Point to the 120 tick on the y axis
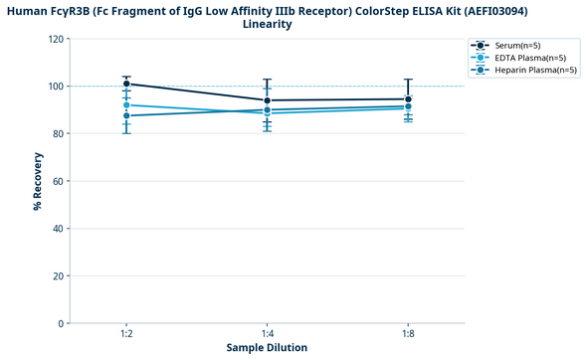tap(56, 39)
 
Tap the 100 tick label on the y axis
tap(56, 87)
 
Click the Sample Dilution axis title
tap(268, 348)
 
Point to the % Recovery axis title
tap(38, 181)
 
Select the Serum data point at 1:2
tap(127, 85)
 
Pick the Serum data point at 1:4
tap(268, 100)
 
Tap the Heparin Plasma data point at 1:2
tap(127, 115)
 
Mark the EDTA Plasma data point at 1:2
tap(127, 104)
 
